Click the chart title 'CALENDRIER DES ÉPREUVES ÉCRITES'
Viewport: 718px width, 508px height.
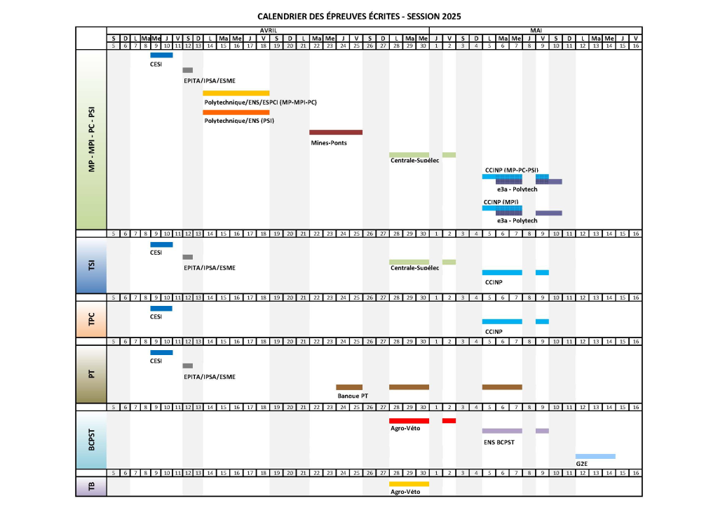(x=329, y=17)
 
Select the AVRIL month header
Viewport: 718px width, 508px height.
(x=269, y=31)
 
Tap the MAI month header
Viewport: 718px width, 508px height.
(x=536, y=31)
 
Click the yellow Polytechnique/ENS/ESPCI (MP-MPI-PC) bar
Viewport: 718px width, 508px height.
(x=236, y=93)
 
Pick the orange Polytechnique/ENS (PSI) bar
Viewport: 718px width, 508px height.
(x=236, y=112)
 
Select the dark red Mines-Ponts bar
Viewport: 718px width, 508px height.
(x=336, y=133)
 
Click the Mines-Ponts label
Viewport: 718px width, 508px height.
(x=329, y=143)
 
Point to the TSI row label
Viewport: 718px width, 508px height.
(x=92, y=265)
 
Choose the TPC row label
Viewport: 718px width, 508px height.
(x=92, y=319)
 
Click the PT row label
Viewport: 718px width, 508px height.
(x=92, y=374)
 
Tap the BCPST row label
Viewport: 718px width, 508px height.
(x=92, y=440)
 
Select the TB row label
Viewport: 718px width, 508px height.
(x=92, y=486)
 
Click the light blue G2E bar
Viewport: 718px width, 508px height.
(x=595, y=456)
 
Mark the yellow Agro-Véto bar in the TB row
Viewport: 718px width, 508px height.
(x=409, y=483)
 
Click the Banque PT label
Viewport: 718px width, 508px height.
(x=353, y=396)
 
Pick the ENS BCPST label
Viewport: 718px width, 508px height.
(x=499, y=443)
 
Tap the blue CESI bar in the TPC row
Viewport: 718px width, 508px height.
(x=161, y=308)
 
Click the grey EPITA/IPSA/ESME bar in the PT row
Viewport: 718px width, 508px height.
(x=188, y=366)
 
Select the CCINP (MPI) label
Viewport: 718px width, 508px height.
(x=501, y=202)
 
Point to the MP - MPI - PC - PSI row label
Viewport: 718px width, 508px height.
(x=92, y=140)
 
